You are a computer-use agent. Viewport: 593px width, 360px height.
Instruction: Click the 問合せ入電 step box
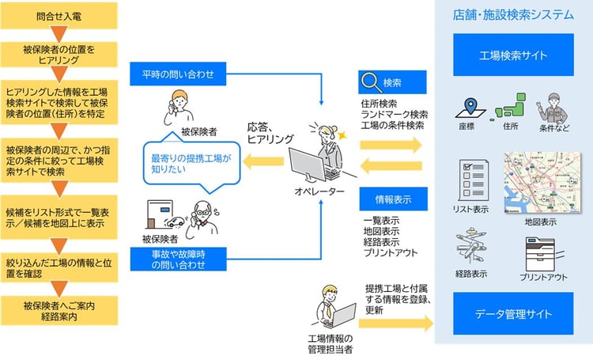(61, 15)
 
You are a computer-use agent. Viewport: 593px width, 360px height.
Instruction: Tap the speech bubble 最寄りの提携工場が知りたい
(188, 164)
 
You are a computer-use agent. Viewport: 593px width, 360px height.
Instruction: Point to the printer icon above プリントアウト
(545, 252)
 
